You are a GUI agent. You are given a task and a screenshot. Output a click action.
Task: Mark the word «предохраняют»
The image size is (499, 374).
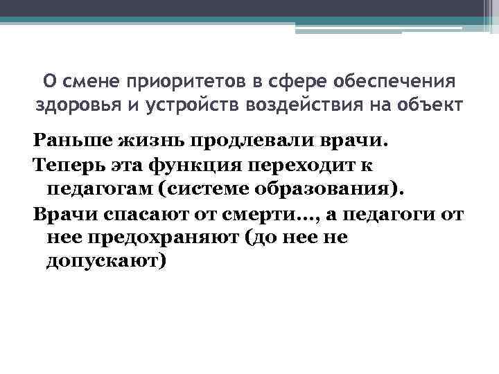(x=160, y=238)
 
